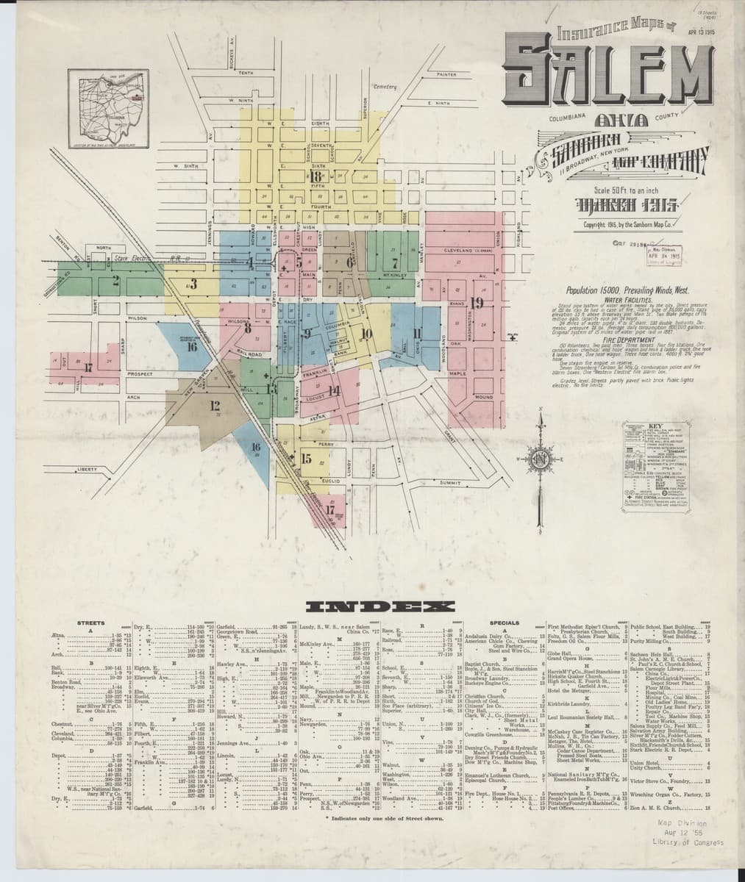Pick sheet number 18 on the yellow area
point(316,176)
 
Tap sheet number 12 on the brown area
point(215,404)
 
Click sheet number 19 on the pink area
point(477,303)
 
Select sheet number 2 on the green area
point(115,279)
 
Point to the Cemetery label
point(385,87)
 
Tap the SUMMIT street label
point(450,483)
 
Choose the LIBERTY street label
point(87,469)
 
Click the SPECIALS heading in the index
point(509,623)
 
